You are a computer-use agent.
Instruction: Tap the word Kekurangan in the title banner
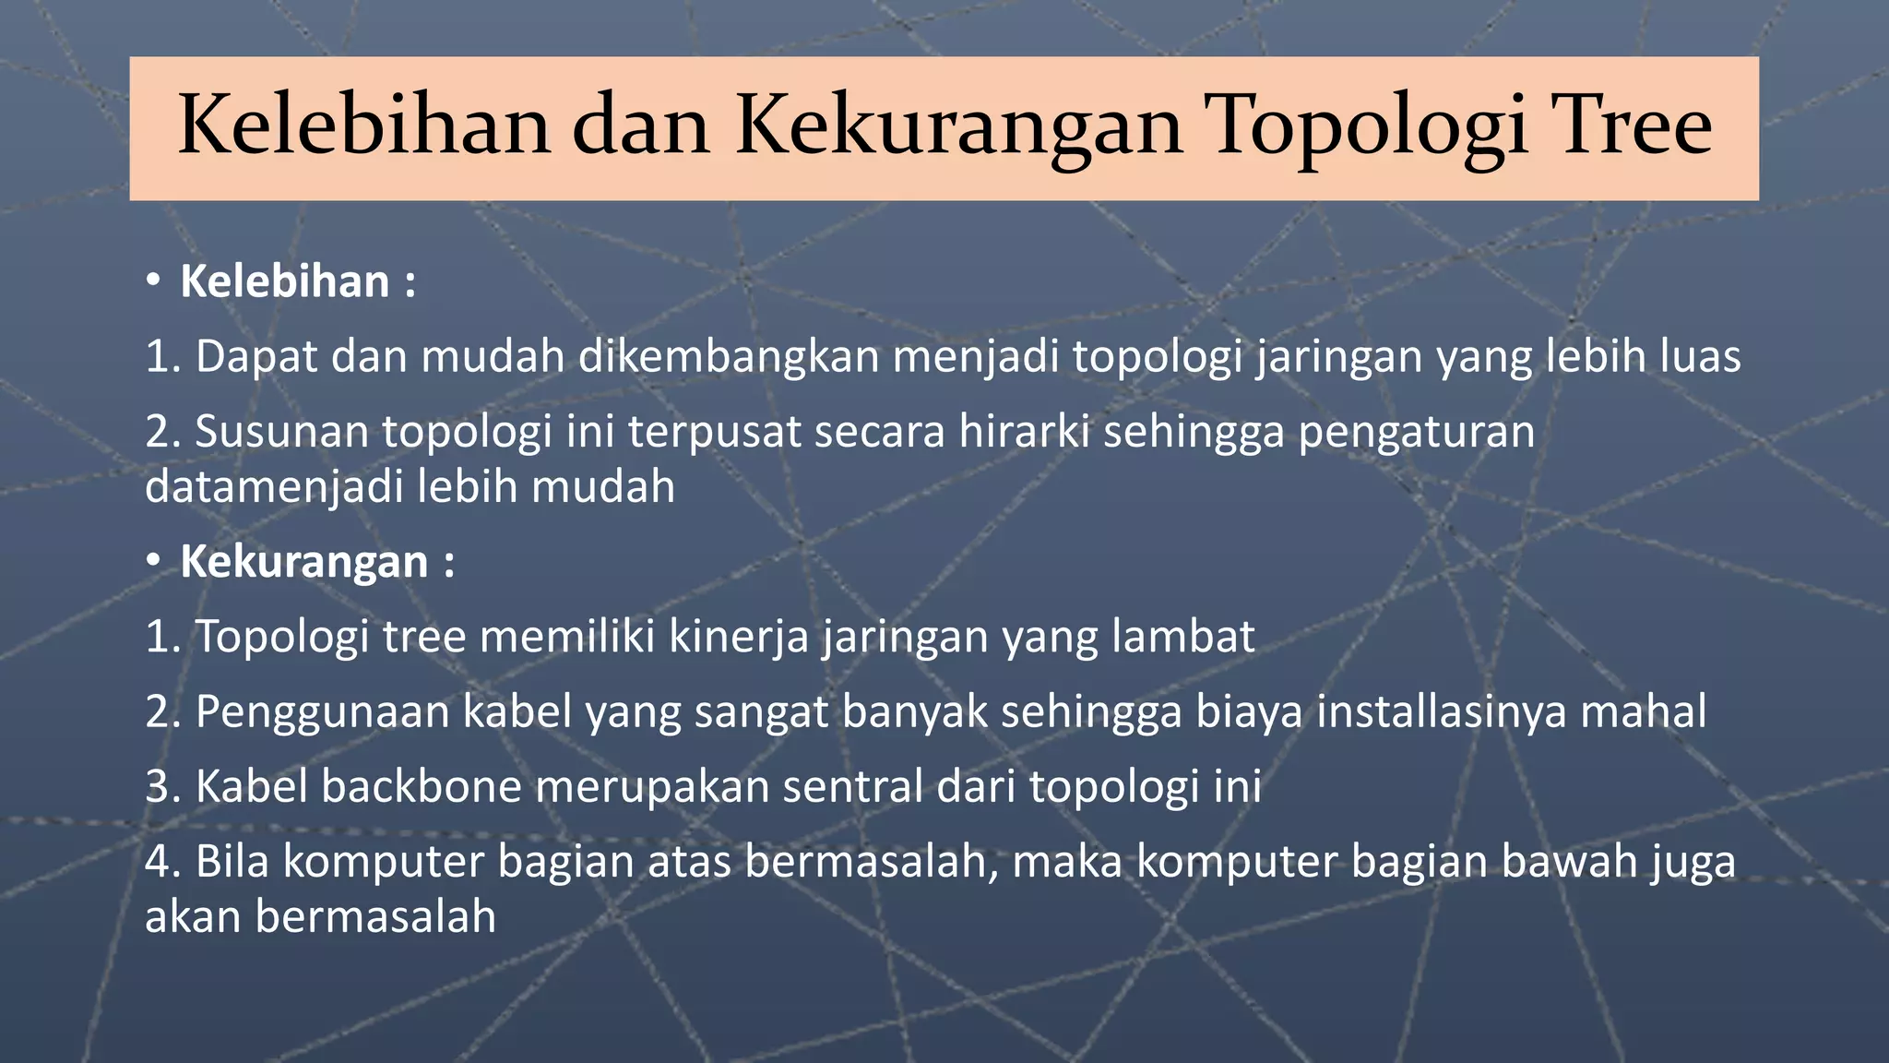pos(958,129)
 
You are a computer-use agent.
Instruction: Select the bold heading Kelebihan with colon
pos(297,281)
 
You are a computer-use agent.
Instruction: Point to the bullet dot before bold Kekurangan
pos(154,559)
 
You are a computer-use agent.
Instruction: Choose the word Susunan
pos(281,432)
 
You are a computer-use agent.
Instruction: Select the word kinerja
pos(739,637)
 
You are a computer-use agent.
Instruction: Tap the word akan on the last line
pos(193,917)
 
